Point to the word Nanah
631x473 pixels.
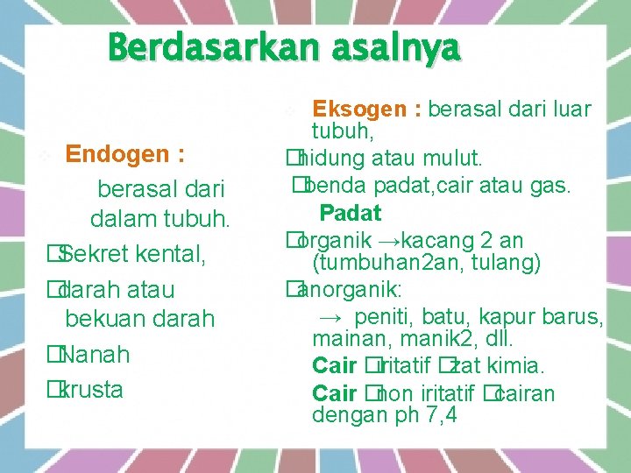96,355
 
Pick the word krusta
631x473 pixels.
92,390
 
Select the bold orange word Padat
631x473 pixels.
350,213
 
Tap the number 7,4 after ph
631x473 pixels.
441,414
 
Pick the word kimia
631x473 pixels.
519,365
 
